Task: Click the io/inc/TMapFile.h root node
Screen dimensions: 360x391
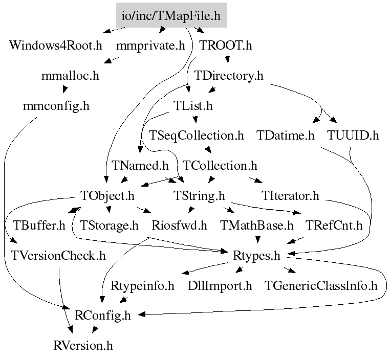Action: (x=171, y=16)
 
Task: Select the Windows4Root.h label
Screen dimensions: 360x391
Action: (x=56, y=46)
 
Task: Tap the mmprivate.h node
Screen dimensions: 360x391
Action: (x=150, y=46)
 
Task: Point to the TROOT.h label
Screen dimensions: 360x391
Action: (x=226, y=46)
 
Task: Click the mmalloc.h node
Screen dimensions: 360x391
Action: (x=70, y=76)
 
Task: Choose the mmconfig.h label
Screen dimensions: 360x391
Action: (x=56, y=106)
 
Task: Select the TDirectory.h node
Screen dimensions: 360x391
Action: (x=229, y=76)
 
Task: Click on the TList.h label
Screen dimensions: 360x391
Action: (x=193, y=106)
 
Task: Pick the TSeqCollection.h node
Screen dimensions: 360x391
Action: (x=197, y=136)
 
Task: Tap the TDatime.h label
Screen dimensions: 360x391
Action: (x=286, y=136)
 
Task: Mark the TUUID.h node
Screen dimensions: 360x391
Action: (x=353, y=136)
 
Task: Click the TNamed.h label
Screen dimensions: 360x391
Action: (x=140, y=166)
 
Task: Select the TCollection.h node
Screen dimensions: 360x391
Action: (x=220, y=166)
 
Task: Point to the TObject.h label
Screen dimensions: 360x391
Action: (x=107, y=195)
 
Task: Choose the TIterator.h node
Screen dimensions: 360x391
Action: (x=290, y=195)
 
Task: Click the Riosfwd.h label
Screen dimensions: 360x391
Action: (x=179, y=225)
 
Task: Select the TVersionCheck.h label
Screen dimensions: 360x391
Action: (x=58, y=255)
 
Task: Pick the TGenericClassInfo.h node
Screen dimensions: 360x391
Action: (x=321, y=285)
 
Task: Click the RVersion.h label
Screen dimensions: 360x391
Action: (x=82, y=345)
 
